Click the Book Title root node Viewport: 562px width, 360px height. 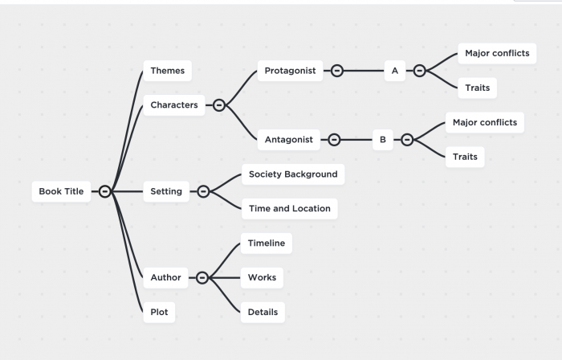(61, 191)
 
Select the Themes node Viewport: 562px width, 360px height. (167, 71)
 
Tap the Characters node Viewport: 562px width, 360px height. (174, 104)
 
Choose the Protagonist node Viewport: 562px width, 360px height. (290, 71)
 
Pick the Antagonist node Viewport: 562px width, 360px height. (290, 140)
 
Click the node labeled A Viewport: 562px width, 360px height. (394, 71)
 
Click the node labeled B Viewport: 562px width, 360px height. (382, 140)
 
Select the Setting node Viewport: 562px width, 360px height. (166, 191)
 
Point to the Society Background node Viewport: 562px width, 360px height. (293, 174)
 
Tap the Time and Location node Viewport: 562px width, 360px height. (289, 208)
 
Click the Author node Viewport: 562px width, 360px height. (165, 277)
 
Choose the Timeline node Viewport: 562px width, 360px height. (266, 243)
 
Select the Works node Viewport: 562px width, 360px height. (262, 277)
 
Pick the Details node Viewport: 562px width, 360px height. (263, 312)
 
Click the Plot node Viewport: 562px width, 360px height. (159, 312)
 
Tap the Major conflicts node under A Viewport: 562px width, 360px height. (497, 54)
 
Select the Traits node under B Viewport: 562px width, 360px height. (465, 157)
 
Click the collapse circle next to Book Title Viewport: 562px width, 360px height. (105, 191)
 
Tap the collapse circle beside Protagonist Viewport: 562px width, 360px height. (337, 71)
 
